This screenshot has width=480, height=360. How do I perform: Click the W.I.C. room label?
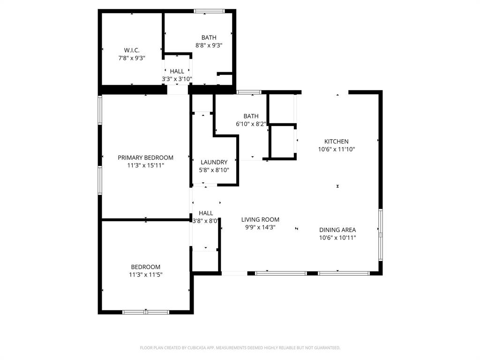click(x=131, y=50)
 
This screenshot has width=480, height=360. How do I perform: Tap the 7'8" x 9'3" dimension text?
click(x=131, y=58)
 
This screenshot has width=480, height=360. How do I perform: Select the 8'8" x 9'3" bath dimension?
click(x=209, y=45)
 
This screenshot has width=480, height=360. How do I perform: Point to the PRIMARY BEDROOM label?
click(x=145, y=157)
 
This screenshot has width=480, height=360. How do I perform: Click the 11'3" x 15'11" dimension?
click(x=145, y=165)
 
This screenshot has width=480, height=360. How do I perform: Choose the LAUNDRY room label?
click(x=214, y=162)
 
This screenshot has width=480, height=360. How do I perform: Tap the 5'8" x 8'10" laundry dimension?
click(x=214, y=170)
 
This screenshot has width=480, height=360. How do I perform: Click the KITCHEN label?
click(x=336, y=142)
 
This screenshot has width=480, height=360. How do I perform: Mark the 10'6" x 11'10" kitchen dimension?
click(x=336, y=150)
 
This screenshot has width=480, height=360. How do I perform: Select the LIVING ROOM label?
click(x=260, y=219)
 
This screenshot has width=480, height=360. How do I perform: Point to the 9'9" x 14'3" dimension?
click(x=260, y=227)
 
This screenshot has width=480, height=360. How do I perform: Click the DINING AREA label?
click(x=337, y=230)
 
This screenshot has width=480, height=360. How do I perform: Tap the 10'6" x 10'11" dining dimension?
click(x=337, y=238)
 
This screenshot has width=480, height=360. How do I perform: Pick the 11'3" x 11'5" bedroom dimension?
click(x=145, y=275)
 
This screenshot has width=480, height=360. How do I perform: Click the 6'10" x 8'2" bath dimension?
click(x=251, y=124)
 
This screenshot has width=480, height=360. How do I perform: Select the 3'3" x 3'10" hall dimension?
click(x=177, y=79)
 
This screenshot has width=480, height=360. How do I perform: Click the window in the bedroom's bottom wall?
click(x=146, y=312)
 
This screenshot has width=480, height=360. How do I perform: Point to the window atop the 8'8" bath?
click(x=209, y=11)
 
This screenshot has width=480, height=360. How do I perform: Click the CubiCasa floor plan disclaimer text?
click(x=240, y=348)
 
